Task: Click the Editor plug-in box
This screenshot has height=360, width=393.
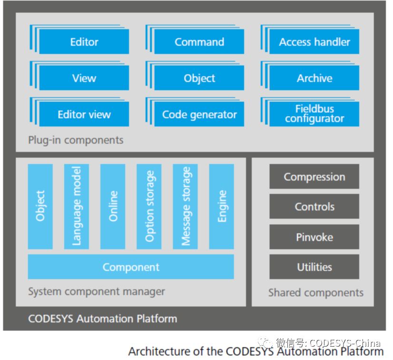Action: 84,42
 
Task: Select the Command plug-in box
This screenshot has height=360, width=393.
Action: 199,42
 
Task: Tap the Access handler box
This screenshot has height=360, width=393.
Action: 314,42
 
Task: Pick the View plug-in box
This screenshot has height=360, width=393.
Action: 84,78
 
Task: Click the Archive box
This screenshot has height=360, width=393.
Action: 314,78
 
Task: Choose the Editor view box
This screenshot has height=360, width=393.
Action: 84,114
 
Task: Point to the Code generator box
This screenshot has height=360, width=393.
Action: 199,114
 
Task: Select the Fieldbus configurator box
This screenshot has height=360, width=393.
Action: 314,114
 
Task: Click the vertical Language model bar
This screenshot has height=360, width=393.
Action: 77,206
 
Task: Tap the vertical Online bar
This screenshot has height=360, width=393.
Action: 113,206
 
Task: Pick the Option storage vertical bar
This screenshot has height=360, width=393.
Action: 149,206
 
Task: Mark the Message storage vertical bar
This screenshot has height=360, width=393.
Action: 185,206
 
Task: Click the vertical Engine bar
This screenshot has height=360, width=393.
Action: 221,206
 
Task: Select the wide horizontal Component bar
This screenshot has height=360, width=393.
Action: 131,267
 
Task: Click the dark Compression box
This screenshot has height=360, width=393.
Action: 314,177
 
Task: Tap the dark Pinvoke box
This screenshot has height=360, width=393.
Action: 314,237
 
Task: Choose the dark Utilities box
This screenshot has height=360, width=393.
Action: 314,267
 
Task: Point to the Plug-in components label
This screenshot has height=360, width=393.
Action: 76,140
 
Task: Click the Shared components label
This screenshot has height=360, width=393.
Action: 315,292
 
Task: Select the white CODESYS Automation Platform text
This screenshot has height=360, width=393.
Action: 102,318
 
